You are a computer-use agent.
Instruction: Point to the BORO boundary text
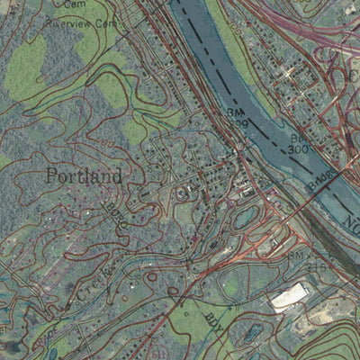coord(112,211)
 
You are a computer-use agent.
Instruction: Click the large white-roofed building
coord(287,297)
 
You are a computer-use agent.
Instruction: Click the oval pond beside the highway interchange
coord(244,216)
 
